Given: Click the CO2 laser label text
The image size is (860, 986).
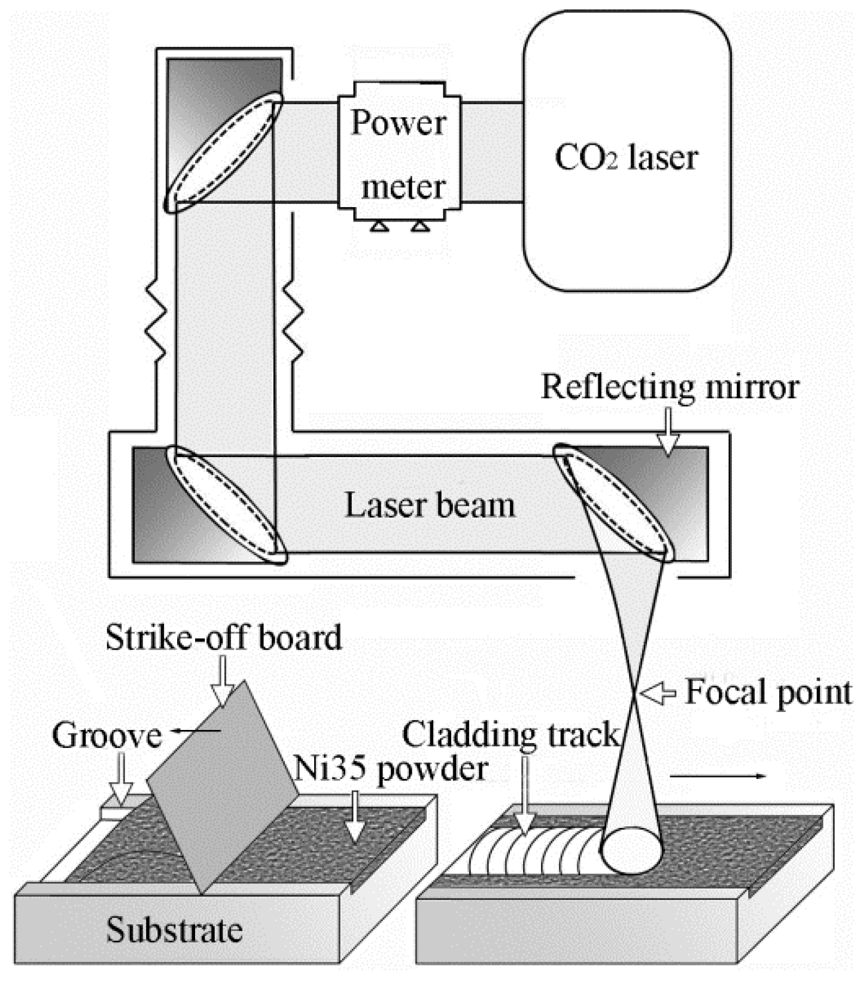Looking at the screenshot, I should coord(626,158).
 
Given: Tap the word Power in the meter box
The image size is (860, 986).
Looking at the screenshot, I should coord(398,123).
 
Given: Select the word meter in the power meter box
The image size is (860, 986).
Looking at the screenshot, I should coord(403,187).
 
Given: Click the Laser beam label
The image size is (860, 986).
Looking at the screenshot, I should coord(430,505).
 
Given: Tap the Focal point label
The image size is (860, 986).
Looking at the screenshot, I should coord(768,692).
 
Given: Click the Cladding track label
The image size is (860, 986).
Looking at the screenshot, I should coord(510,734).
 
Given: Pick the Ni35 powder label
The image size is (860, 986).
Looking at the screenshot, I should coord(390,768).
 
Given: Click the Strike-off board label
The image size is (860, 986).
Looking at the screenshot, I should coord(224,637).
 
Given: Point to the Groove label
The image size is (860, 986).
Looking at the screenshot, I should coord(107,735).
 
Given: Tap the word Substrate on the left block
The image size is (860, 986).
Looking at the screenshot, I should coord(174,930).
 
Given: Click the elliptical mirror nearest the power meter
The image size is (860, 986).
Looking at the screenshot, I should coord(223,152).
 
